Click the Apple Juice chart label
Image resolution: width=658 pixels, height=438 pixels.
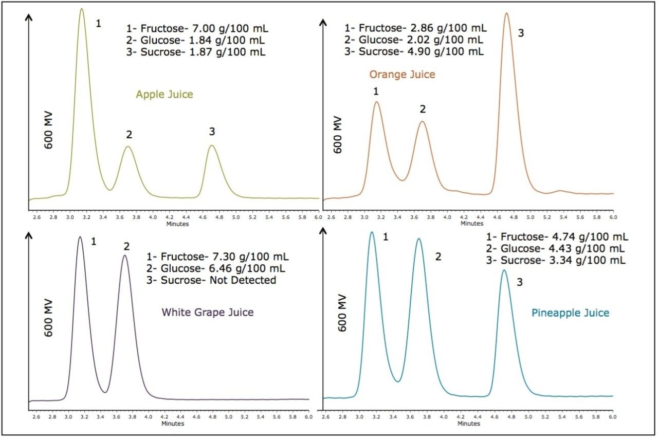(x=164, y=95)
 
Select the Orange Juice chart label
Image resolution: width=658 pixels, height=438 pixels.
(x=402, y=75)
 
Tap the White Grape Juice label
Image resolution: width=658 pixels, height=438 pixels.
(x=208, y=312)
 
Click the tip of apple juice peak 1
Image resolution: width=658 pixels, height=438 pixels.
(x=81, y=8)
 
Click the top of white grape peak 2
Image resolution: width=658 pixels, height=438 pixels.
(x=124, y=255)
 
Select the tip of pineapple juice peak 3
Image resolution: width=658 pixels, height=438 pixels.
(x=504, y=270)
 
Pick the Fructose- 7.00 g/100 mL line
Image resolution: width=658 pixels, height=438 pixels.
(x=197, y=28)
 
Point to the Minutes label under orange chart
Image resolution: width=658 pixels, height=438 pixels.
(x=471, y=224)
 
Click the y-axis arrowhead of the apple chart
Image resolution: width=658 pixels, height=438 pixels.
(x=28, y=17)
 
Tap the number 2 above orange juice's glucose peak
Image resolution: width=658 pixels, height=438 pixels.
(x=423, y=109)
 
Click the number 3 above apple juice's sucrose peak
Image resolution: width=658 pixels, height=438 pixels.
(x=212, y=132)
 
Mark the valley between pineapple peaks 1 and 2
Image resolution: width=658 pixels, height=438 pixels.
(x=397, y=381)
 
